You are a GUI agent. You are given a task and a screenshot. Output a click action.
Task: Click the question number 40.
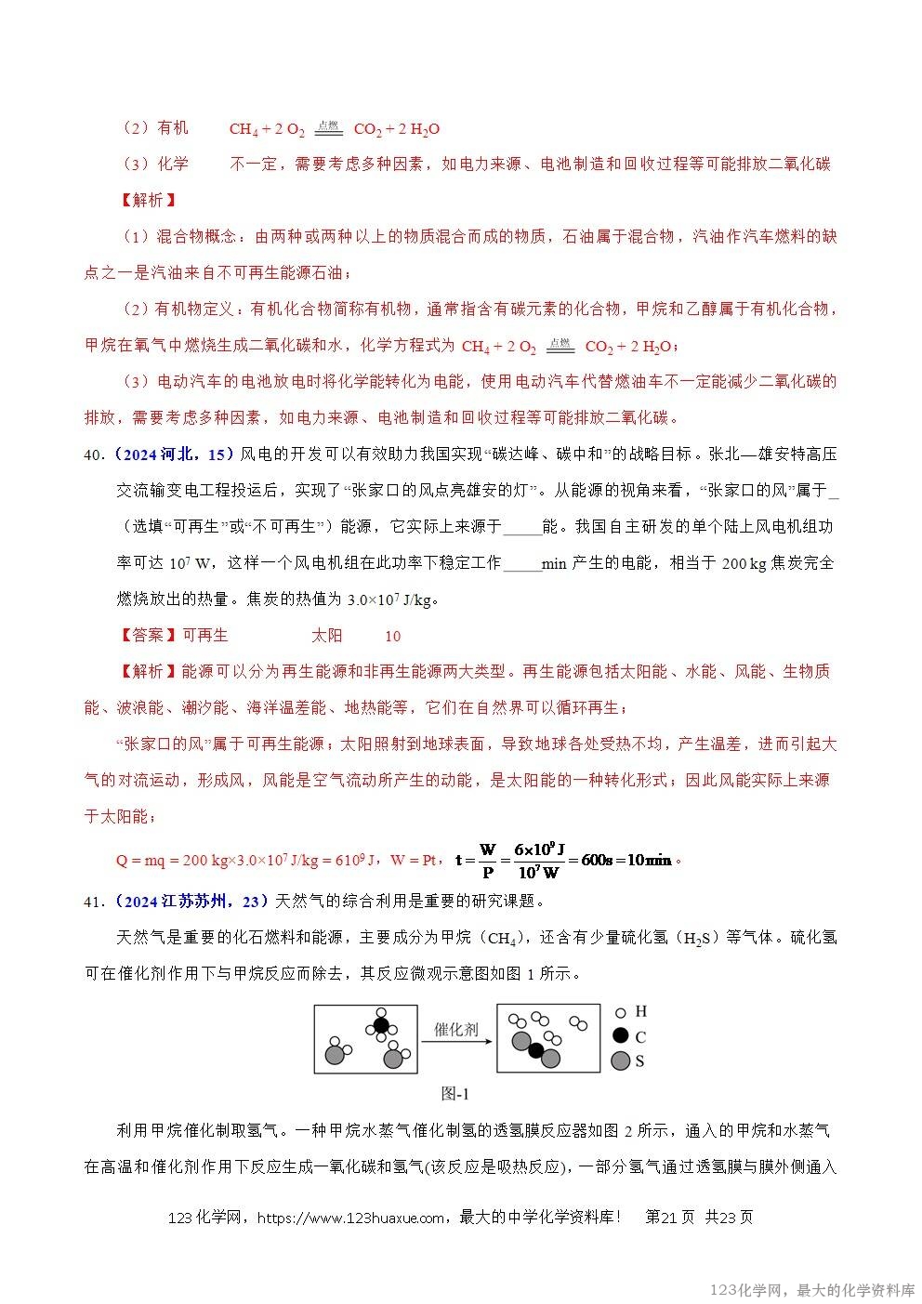tap(92, 454)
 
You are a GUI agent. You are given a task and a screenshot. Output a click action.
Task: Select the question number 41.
tap(92, 901)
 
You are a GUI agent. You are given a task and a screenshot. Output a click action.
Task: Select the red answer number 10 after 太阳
tap(393, 637)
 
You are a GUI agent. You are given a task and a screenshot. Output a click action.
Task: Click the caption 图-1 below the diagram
tap(455, 1093)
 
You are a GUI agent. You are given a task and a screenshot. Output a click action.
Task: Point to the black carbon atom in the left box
tap(380, 1026)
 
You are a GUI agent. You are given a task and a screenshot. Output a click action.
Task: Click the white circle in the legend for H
tap(620, 1012)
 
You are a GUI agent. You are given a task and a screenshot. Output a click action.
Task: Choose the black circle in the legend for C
tap(620, 1035)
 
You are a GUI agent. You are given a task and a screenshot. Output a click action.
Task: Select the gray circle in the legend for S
tap(620, 1060)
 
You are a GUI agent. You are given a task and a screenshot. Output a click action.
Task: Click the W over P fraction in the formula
tap(487, 860)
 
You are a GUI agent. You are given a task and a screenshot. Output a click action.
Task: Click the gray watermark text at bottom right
tap(811, 1290)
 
